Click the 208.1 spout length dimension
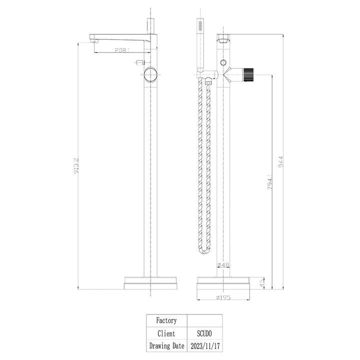click(x=122, y=50)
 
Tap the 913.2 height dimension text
click(x=76, y=165)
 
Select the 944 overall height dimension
click(x=281, y=161)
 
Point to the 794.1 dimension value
click(x=270, y=181)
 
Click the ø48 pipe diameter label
click(x=223, y=265)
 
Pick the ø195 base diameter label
click(x=223, y=297)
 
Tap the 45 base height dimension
click(x=262, y=283)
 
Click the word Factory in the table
click(x=166, y=320)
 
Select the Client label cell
click(x=166, y=333)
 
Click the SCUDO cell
click(x=204, y=333)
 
